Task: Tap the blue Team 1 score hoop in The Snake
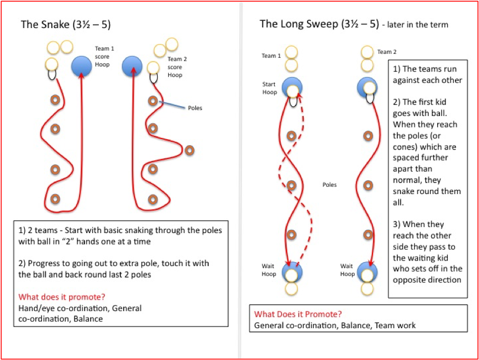(x=82, y=67)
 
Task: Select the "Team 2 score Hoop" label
(x=176, y=67)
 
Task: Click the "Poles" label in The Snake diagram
(x=195, y=108)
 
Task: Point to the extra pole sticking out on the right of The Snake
(x=190, y=149)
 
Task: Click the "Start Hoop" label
(x=269, y=88)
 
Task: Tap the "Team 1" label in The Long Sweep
(x=271, y=56)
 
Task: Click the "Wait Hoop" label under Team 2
(x=347, y=270)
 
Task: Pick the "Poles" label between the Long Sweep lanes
(x=329, y=185)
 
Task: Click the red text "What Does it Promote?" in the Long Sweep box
(x=298, y=314)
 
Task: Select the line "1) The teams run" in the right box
(x=425, y=69)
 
